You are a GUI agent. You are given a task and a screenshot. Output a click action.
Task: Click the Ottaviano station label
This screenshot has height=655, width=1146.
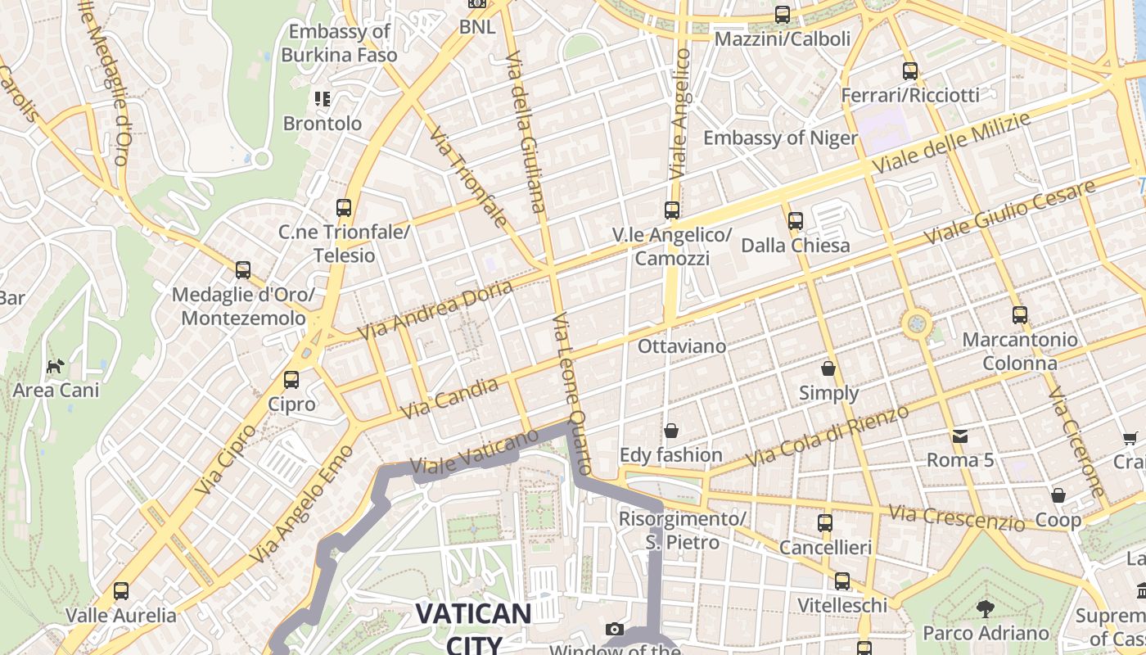pos(681,346)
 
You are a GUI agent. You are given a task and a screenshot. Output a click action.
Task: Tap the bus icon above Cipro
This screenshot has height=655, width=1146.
pos(291,380)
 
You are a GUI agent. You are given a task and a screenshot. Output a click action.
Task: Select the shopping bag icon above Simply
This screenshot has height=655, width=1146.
pos(828,368)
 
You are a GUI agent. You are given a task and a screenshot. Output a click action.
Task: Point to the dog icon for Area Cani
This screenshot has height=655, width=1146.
pos(55,366)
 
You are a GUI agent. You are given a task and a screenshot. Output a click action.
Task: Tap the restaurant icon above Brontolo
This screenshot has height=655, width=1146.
pos(323,100)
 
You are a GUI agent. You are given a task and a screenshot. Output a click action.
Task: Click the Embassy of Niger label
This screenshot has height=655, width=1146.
pos(780,138)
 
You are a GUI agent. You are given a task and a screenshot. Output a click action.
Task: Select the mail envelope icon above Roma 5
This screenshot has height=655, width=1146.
pos(959,436)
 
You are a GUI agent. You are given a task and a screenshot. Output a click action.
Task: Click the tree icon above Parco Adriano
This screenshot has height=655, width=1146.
pos(986,608)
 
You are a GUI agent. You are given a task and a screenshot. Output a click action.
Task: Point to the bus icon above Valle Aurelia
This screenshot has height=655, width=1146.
pos(121,590)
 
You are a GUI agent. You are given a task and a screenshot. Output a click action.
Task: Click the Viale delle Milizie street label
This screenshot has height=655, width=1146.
pos(950,142)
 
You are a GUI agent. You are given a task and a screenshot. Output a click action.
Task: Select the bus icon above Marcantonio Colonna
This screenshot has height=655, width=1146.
pos(1019,314)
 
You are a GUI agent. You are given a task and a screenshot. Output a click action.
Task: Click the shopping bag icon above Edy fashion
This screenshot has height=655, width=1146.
pos(671,431)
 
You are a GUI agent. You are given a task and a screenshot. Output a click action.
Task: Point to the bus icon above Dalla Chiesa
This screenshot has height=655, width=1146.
pos(795,221)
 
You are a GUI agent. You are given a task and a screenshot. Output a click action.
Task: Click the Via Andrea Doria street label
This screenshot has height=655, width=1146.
pos(435,309)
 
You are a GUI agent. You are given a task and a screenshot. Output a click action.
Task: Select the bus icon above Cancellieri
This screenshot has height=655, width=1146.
pos(825,522)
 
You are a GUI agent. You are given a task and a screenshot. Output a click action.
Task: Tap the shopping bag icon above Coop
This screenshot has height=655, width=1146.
pos(1058,495)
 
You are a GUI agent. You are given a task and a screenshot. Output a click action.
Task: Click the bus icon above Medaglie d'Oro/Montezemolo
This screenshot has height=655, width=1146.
pos(242,270)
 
